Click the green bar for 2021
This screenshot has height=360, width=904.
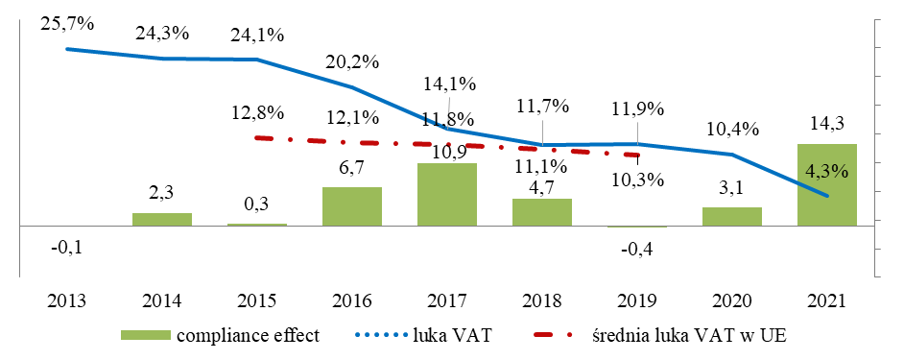(826, 185)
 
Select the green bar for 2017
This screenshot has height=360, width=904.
(447, 195)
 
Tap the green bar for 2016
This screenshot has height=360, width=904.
(352, 206)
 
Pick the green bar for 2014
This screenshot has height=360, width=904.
(162, 219)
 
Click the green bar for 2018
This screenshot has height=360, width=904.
(542, 212)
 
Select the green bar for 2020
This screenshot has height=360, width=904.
(731, 217)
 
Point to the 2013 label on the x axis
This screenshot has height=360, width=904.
(66, 300)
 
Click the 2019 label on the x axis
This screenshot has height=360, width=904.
(636, 300)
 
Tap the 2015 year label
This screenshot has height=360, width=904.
(257, 300)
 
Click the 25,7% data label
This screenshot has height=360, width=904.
(67, 23)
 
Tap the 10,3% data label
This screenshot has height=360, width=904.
(636, 179)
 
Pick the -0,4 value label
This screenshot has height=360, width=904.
(636, 251)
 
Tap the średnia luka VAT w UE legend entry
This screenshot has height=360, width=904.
(662, 334)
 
